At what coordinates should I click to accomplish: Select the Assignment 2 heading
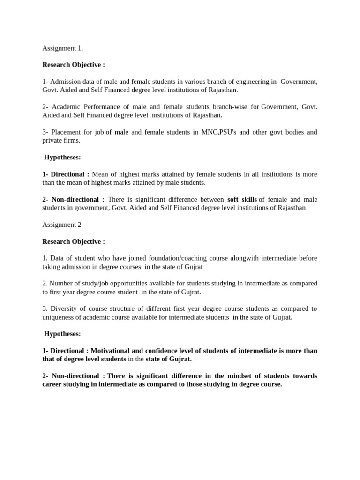[x=62, y=225]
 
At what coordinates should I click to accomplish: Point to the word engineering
[x=252, y=82]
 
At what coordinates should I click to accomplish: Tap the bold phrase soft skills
[x=242, y=200]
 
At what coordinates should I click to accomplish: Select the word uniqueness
[x=60, y=317]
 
